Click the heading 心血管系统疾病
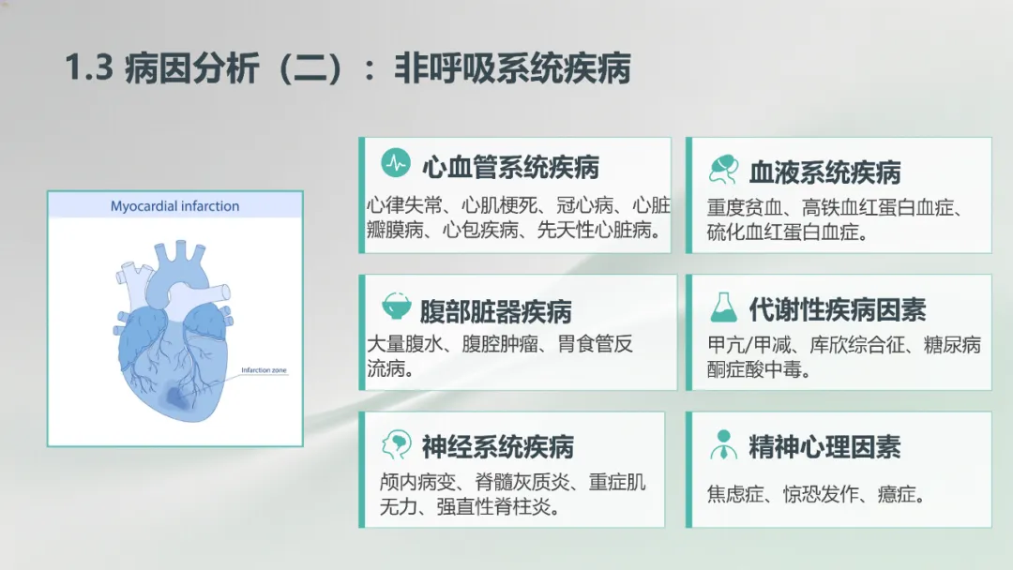coord(510,167)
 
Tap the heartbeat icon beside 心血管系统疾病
coord(396,163)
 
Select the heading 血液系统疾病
coord(825,172)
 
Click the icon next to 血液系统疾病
coord(723,169)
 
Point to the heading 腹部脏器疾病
coord(495,311)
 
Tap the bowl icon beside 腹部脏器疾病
coord(396,306)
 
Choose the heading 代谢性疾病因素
coord(838,310)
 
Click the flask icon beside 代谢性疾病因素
coord(723,307)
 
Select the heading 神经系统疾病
coord(497,446)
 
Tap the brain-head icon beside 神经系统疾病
coord(396,444)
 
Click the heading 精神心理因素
coord(824,446)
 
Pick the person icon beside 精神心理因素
coord(723,444)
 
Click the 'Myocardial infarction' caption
coord(175,206)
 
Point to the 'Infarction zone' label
coord(264,370)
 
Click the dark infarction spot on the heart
coord(175,397)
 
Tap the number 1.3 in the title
coord(89,67)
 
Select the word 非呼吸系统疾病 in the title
coord(512,67)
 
